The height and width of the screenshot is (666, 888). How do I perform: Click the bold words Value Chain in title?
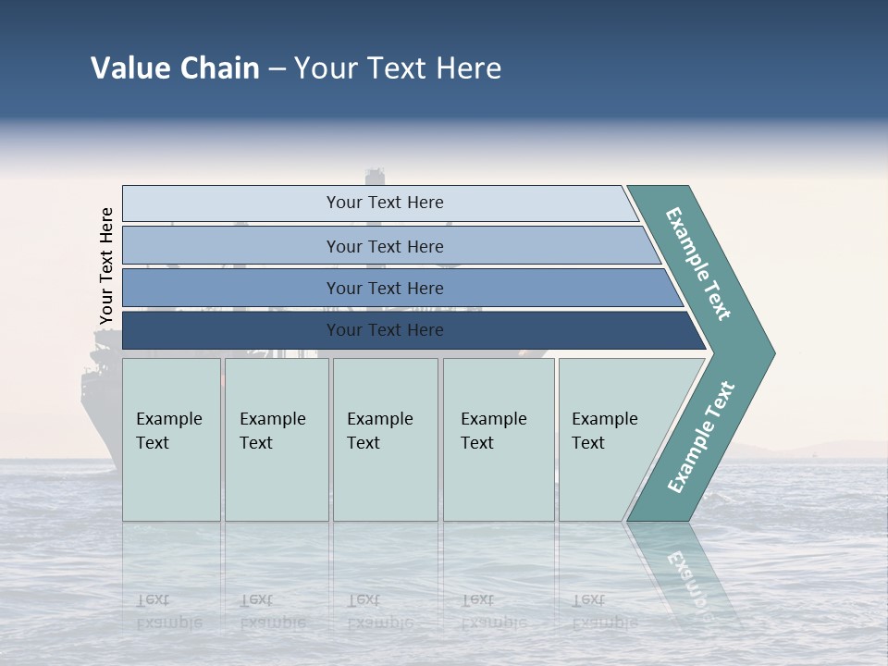point(175,68)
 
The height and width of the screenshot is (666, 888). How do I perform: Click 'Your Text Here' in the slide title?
point(398,68)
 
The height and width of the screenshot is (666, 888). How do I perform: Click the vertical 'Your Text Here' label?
point(107,266)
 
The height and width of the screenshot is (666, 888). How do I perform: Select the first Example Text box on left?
point(171,439)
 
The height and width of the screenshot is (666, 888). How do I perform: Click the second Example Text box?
point(276,439)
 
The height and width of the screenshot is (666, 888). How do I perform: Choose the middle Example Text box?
point(385,439)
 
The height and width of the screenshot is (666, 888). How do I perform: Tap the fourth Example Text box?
point(498,439)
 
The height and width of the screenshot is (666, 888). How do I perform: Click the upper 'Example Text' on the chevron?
point(698,264)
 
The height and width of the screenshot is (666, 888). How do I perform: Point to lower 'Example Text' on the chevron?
point(700,437)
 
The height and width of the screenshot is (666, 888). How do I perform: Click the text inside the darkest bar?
point(385,330)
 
